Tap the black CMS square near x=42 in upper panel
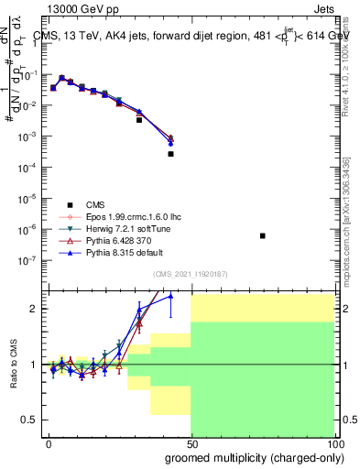tap(170, 154)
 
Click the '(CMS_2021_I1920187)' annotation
tap(190, 274)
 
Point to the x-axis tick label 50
tap(191, 442)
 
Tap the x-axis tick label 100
tap(333, 442)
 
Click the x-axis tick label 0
tap(48, 442)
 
